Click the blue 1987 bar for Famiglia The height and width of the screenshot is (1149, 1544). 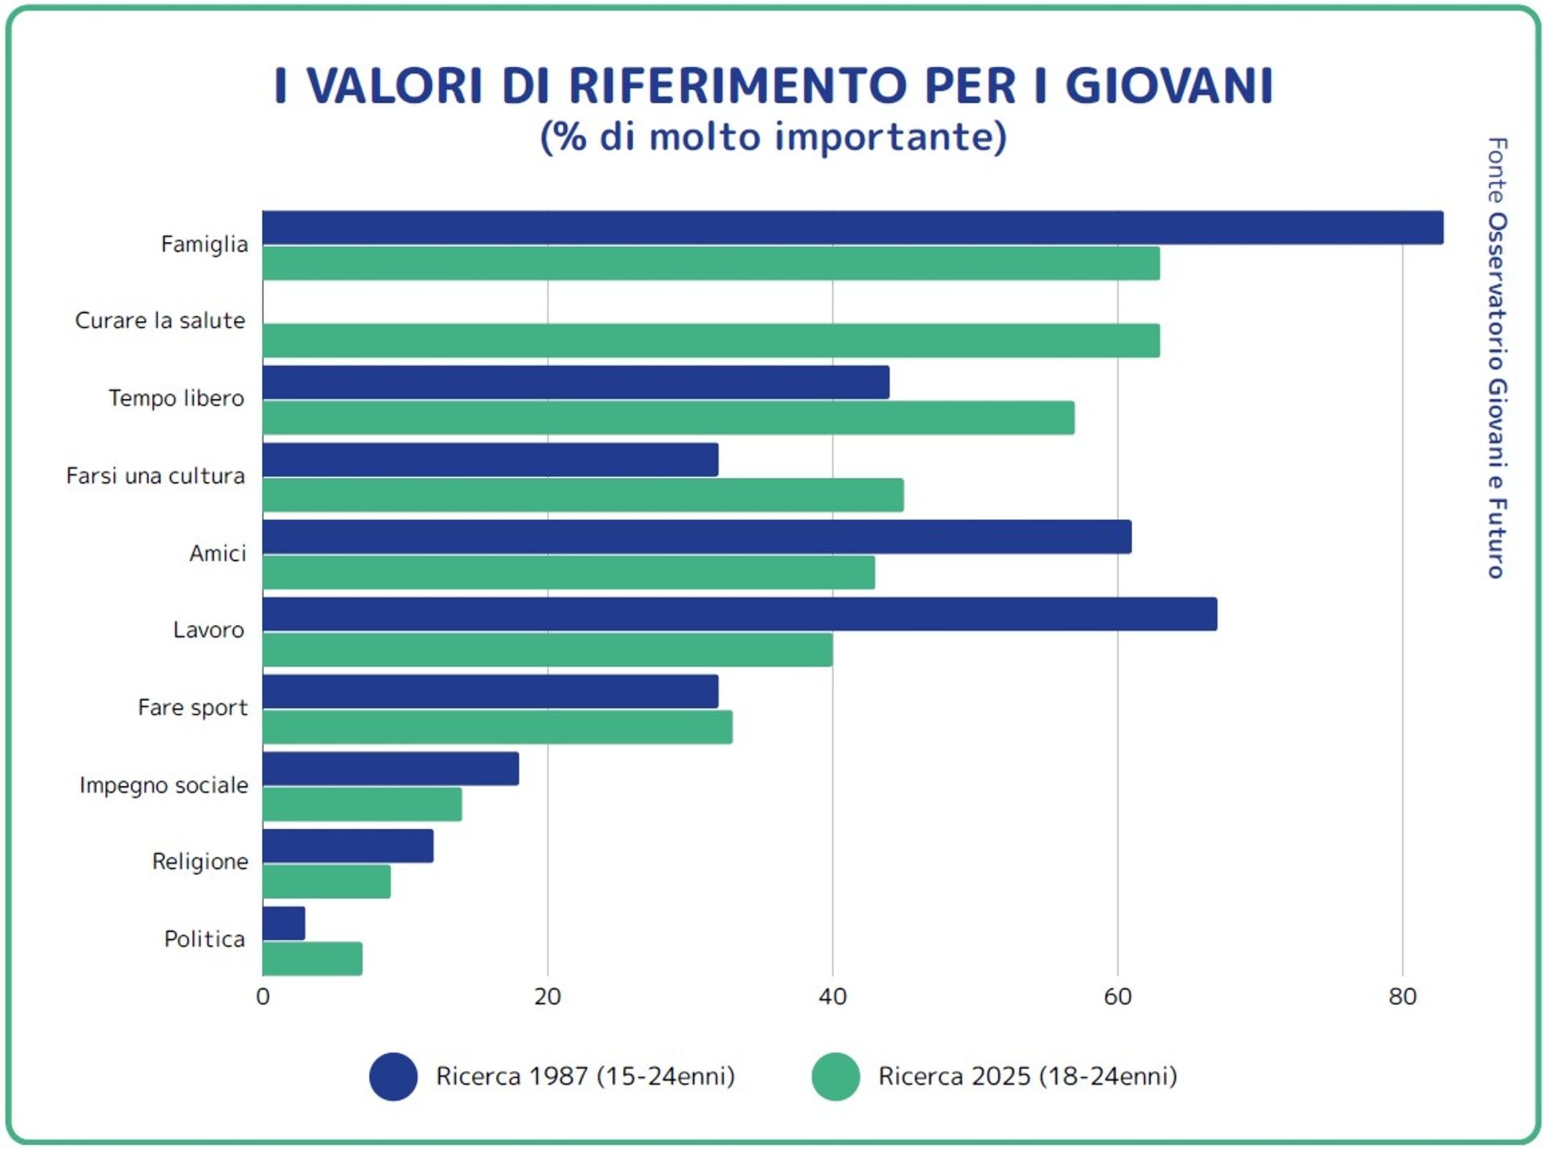(x=852, y=228)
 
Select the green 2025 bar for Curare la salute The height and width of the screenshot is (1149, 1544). (x=711, y=340)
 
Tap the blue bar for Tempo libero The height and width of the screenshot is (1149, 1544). (x=576, y=382)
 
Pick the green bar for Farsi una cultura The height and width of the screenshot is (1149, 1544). (x=583, y=495)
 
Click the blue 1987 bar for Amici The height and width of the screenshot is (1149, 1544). (x=696, y=537)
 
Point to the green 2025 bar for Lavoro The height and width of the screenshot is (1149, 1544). (x=547, y=649)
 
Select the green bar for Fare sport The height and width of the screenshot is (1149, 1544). (x=497, y=727)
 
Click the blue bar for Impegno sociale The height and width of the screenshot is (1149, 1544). (x=390, y=768)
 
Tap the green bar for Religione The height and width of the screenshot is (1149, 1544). (x=326, y=881)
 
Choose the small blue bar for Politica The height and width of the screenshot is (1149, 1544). (x=284, y=923)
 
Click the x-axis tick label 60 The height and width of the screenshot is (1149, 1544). (x=1117, y=997)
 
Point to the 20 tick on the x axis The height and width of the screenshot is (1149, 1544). (x=548, y=997)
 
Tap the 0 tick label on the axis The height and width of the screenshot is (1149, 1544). (x=263, y=997)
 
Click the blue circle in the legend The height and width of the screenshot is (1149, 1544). (x=393, y=1077)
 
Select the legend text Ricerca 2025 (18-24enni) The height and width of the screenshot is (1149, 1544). (x=1027, y=1077)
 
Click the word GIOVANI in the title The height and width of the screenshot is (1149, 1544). (x=1169, y=85)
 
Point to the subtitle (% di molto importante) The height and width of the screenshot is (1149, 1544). (x=773, y=137)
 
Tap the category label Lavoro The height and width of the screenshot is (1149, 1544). (x=208, y=630)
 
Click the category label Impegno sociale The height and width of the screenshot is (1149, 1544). (x=163, y=785)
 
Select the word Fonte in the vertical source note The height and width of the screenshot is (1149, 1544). (x=1497, y=170)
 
